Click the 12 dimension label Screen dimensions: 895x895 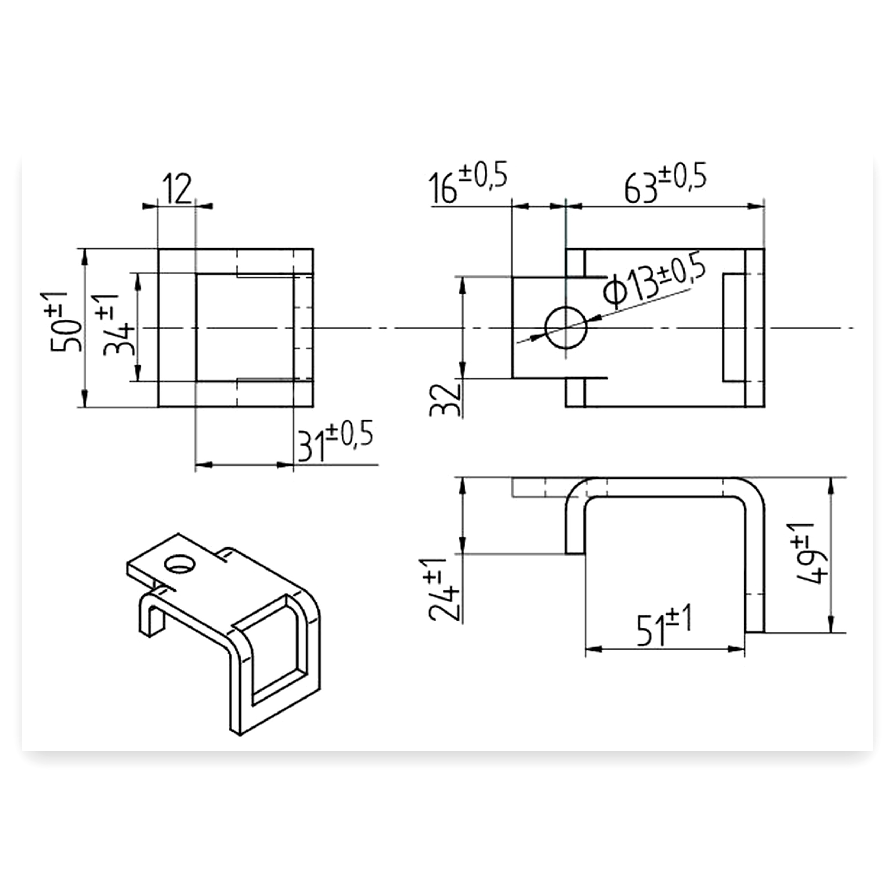177,190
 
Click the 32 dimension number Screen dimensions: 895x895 446,399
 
